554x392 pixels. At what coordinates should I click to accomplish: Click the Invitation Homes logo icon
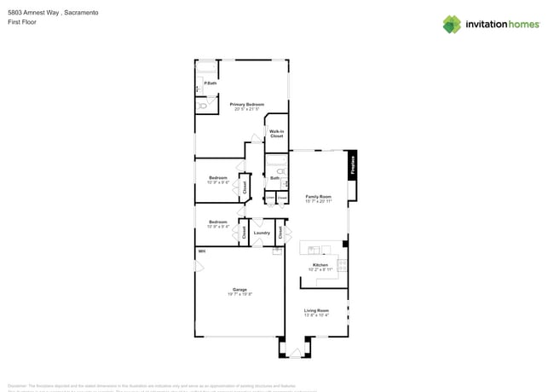(452, 24)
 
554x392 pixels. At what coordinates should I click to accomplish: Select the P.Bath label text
(210, 83)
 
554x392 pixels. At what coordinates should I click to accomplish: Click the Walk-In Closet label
(276, 133)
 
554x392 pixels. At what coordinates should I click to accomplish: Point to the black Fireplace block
(352, 164)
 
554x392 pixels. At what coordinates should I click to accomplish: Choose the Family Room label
(319, 198)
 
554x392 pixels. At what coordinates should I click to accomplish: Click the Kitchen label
(320, 266)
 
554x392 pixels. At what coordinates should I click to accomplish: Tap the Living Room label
(316, 312)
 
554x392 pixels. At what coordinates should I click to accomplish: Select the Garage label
(239, 291)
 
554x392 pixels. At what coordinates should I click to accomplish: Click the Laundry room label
(262, 233)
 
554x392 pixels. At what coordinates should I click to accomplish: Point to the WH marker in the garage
(202, 251)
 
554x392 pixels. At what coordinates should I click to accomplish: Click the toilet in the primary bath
(202, 107)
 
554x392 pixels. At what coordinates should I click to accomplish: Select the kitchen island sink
(314, 250)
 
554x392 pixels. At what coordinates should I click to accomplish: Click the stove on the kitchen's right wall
(343, 265)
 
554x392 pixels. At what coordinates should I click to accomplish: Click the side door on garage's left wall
(198, 267)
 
